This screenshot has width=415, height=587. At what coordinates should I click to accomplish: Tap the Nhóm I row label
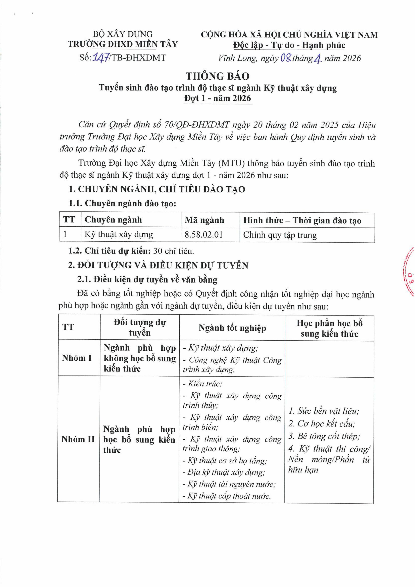tap(77, 358)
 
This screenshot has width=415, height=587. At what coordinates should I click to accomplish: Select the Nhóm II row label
tap(78, 439)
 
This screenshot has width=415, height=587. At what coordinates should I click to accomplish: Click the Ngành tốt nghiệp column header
tap(232, 328)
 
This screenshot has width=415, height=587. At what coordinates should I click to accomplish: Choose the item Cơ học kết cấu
tap(322, 424)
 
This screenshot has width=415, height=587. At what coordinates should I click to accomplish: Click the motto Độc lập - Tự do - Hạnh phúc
tap(289, 45)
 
